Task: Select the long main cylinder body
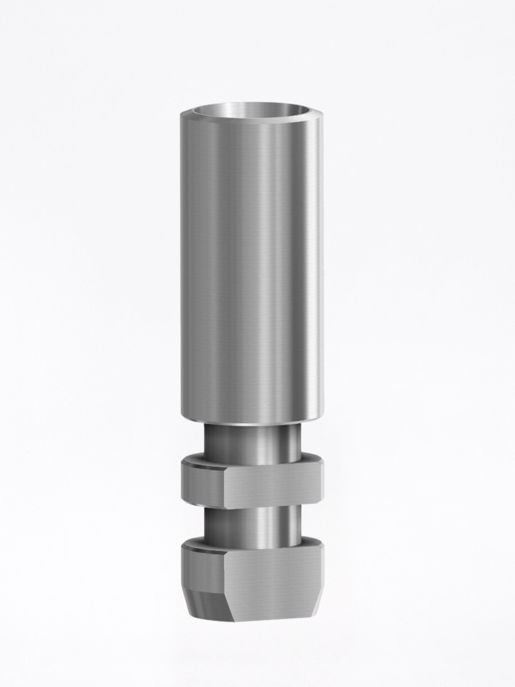[x=251, y=268]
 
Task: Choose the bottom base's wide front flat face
[x=272, y=577]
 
